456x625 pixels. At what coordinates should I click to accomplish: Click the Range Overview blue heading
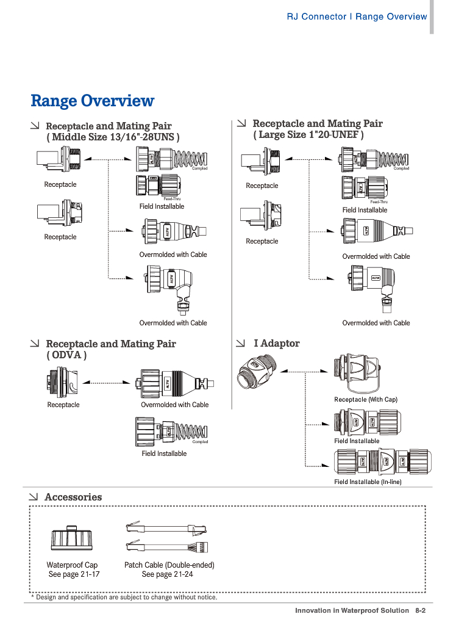[x=92, y=101]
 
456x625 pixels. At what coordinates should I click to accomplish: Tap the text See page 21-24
[x=167, y=574]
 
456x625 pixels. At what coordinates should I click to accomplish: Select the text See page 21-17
[x=74, y=574]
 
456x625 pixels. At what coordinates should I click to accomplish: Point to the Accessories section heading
[x=73, y=497]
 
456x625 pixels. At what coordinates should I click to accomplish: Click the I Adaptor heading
[x=276, y=344]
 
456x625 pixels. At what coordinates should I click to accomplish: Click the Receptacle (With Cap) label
[x=365, y=399]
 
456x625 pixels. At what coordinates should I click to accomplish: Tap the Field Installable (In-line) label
[x=368, y=482]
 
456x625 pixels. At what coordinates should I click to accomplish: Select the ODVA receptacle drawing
[x=62, y=383]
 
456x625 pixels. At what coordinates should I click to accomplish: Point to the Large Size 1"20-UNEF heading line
[x=308, y=135]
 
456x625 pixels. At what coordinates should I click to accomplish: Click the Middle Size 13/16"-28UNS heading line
[x=113, y=137]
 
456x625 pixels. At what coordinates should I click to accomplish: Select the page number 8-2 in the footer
[x=420, y=610]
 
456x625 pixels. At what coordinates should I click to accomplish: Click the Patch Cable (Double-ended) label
[x=169, y=565]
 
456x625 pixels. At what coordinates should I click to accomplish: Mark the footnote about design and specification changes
[x=124, y=598]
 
